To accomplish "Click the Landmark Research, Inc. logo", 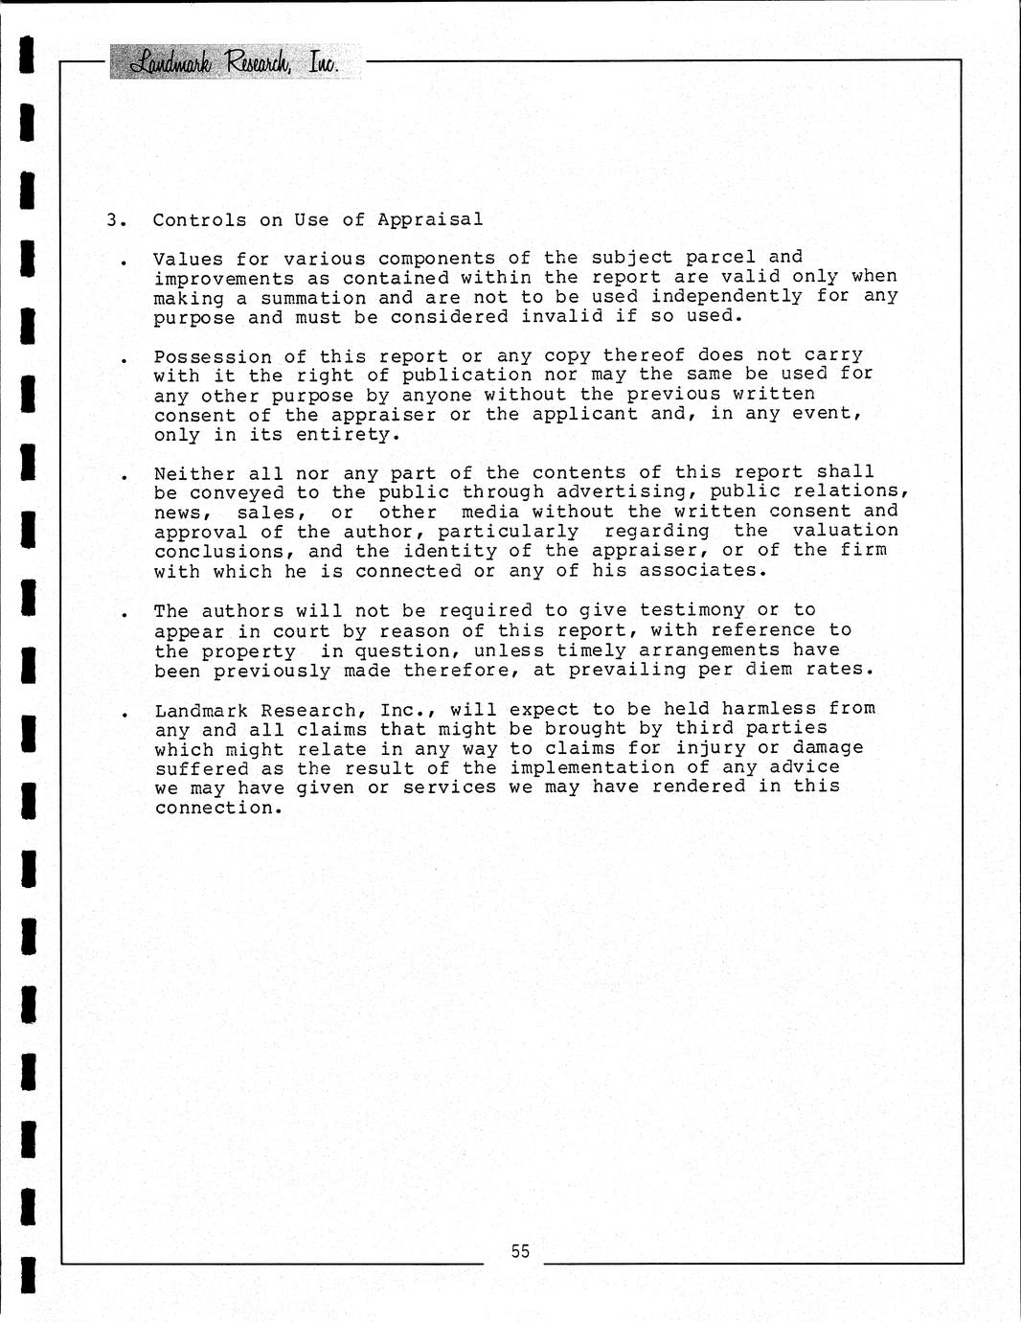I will click(x=236, y=62).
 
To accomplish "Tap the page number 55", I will click(x=520, y=1250).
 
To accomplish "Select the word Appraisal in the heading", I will click(x=430, y=219).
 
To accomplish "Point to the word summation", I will click(x=313, y=298).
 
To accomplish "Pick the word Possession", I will click(x=213, y=356).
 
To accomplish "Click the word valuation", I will click(x=846, y=530).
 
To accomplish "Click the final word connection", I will click(x=218, y=808).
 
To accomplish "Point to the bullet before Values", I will click(x=124, y=262).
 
